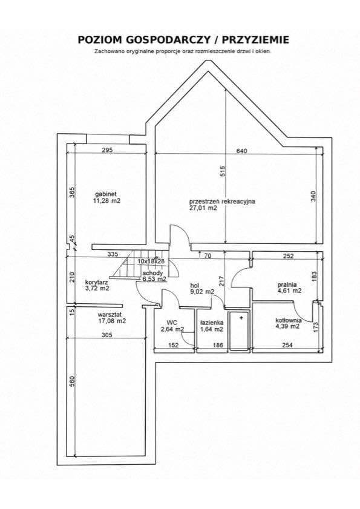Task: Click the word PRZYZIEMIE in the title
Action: [255, 39]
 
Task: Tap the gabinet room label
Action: [106, 194]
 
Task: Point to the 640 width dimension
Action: [242, 151]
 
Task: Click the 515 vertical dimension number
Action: [223, 171]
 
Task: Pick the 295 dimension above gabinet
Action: [107, 150]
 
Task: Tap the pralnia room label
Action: [287, 284]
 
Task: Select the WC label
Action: [172, 323]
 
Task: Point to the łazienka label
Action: [212, 323]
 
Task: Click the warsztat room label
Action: [110, 315]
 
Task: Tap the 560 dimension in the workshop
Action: [72, 381]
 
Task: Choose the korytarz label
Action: [97, 282]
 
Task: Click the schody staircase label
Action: [153, 273]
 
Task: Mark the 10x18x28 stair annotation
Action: [151, 261]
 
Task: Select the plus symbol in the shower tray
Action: [241, 318]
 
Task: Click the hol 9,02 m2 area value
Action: [202, 292]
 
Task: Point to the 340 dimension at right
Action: [313, 196]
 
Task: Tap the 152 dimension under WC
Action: [174, 345]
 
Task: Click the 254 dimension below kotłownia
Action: [287, 345]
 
